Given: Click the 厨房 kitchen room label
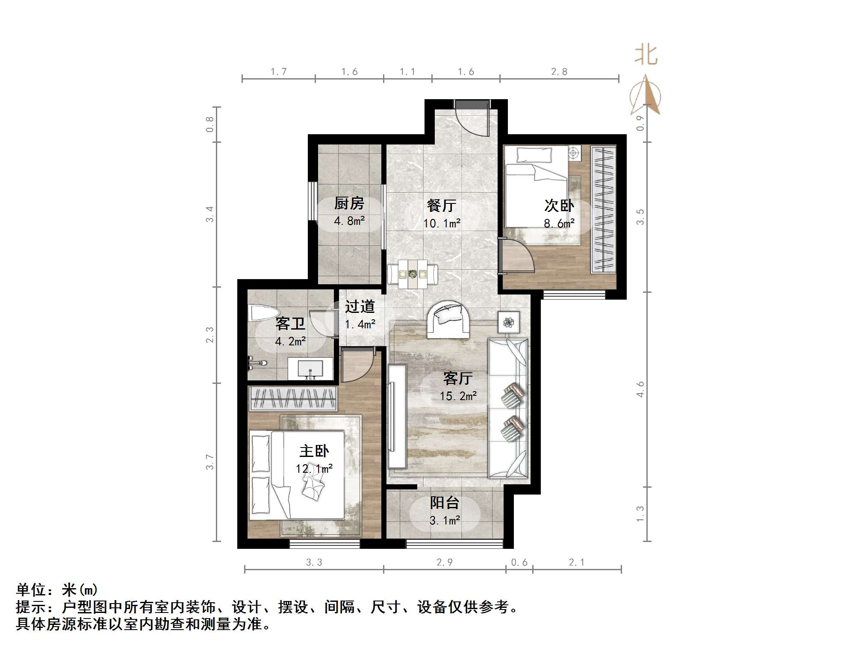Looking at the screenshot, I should [349, 203].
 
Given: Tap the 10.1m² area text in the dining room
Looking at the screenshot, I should [442, 224].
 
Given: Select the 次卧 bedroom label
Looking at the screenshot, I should [559, 206].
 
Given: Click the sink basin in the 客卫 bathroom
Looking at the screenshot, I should [310, 369].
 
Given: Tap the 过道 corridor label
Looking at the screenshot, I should [360, 306].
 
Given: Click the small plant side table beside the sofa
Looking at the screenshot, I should [508, 322].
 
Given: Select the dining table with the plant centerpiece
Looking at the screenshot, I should [413, 274].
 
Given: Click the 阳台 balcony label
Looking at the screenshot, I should [445, 503].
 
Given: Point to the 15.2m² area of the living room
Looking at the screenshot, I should [458, 396].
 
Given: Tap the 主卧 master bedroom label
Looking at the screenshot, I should [314, 451].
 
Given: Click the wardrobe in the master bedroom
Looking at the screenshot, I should [293, 398].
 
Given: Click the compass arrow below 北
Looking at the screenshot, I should [646, 96].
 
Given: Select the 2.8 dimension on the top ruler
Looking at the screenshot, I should [559, 72].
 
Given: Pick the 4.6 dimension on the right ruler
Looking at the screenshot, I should [640, 389].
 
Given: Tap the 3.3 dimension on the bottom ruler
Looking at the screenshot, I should [314, 563].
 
